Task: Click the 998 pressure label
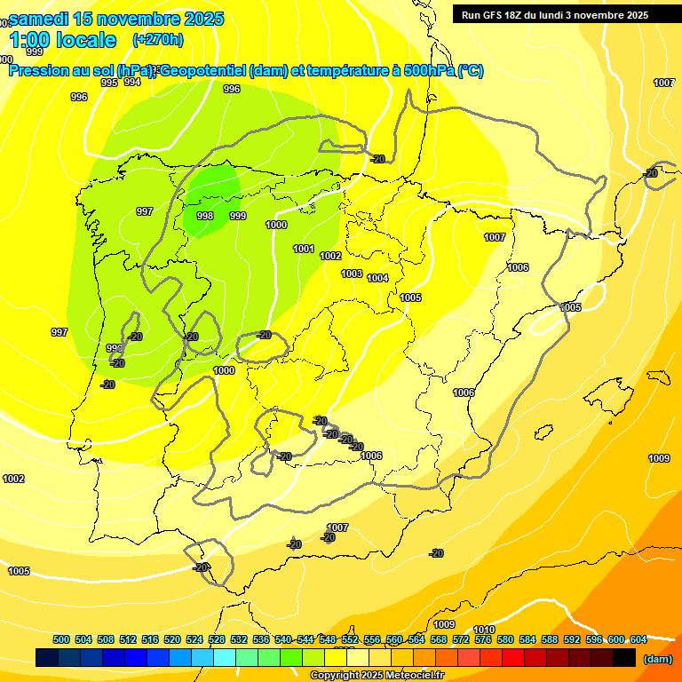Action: pos(204,216)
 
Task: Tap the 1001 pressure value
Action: pos(304,249)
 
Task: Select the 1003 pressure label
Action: pos(352,274)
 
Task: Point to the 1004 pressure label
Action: pos(377,278)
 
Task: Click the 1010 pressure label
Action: pos(484,629)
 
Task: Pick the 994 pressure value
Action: pos(132,82)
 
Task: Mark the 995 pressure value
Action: pos(109,83)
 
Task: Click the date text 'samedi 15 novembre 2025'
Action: pos(117,19)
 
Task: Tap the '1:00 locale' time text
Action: pos(63,40)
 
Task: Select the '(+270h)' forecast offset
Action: pos(157,39)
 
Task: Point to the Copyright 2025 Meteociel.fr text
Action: pos(377,675)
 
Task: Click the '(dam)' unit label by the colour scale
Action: pos(657,659)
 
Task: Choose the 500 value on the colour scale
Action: pos(61,639)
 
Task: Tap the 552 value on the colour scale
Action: pos(350,639)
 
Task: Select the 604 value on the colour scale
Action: pos(638,639)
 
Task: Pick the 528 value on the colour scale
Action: pos(217,639)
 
